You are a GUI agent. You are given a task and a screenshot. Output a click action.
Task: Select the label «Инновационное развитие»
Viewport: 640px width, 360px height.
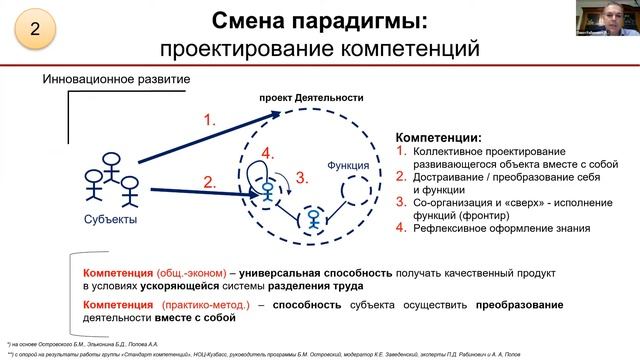116,79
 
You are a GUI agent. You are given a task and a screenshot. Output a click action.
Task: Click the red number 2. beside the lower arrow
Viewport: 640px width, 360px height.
209,182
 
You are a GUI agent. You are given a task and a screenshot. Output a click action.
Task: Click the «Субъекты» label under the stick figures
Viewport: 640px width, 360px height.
110,220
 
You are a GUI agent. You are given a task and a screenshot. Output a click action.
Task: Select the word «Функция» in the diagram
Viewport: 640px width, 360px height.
348,164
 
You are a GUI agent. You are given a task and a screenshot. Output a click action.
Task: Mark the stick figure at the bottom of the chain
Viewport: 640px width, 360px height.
314,219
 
